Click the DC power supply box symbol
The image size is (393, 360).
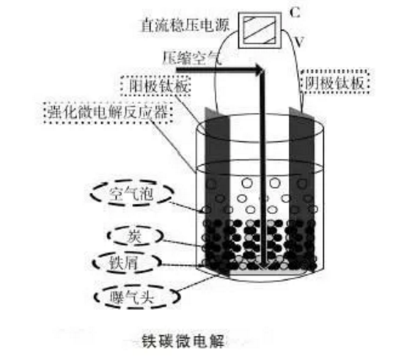click(260, 30)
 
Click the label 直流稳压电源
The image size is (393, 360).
click(186, 25)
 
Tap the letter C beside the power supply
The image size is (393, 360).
click(295, 12)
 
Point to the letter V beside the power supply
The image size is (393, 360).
click(298, 41)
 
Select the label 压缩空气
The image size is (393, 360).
click(192, 58)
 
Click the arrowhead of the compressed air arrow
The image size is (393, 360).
click(259, 70)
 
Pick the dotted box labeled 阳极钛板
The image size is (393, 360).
click(155, 86)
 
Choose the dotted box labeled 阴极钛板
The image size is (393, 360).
click(335, 82)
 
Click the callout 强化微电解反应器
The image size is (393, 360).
click(108, 112)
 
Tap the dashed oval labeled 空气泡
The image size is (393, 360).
click(131, 193)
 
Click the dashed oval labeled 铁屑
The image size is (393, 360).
click(126, 263)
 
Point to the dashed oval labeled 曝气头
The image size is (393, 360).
click(137, 296)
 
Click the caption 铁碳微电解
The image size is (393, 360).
click(183, 341)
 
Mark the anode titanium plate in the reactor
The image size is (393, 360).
click(217, 191)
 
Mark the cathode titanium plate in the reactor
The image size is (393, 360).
click(302, 188)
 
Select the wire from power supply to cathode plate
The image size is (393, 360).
click(298, 70)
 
